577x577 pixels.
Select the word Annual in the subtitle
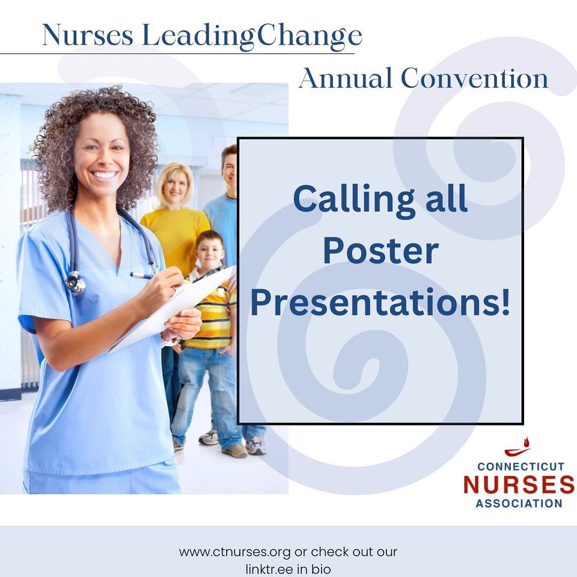[346, 79]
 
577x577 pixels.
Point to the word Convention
[474, 79]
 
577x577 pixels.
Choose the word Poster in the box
[380, 252]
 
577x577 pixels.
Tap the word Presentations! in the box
[380, 303]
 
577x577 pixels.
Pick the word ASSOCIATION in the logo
[519, 503]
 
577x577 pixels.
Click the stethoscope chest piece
[76, 283]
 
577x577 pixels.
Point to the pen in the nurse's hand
[142, 276]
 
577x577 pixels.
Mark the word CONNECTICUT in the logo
[521, 466]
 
